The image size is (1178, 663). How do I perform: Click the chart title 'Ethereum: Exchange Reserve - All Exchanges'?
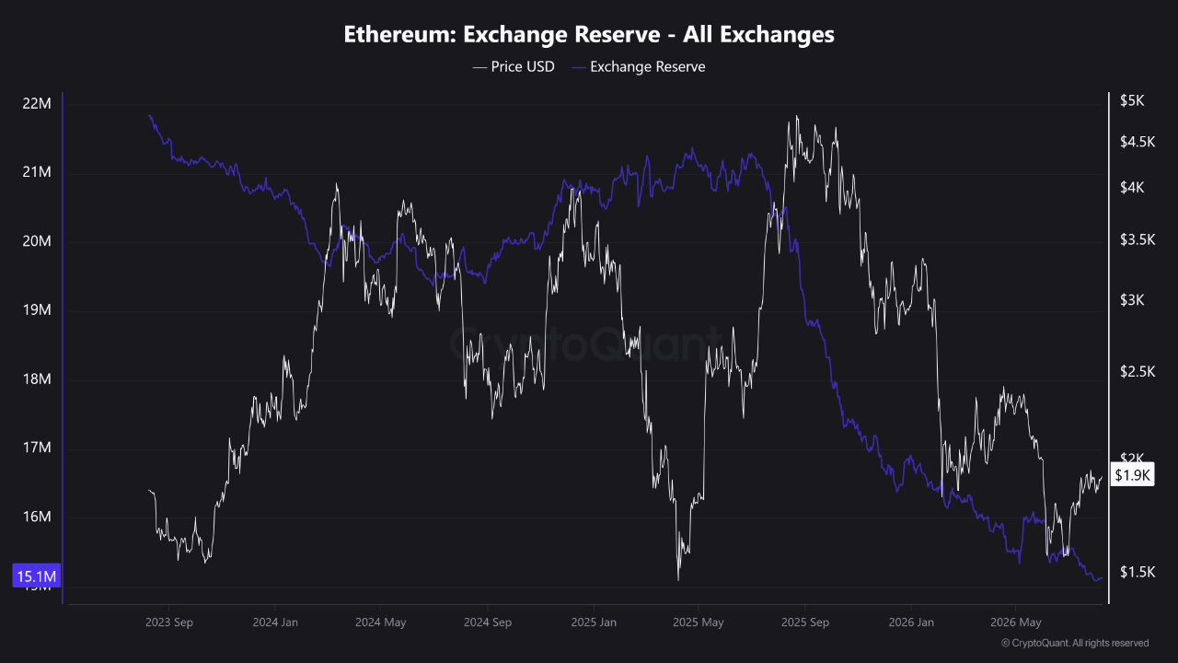click(x=589, y=34)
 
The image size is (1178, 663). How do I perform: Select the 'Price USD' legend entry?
click(x=514, y=67)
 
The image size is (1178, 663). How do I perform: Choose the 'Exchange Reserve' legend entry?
click(x=639, y=67)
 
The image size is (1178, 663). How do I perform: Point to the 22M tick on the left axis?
click(x=37, y=104)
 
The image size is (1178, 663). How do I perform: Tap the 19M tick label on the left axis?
click(x=37, y=310)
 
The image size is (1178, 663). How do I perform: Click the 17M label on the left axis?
click(x=37, y=448)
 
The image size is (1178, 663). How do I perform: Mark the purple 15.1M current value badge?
click(x=36, y=576)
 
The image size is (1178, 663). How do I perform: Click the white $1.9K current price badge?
click(x=1132, y=475)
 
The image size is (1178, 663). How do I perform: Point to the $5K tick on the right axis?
click(x=1132, y=100)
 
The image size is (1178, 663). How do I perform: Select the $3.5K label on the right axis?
click(x=1138, y=240)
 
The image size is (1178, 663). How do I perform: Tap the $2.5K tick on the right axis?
click(x=1138, y=372)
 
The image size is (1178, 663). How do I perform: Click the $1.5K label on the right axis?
click(x=1138, y=572)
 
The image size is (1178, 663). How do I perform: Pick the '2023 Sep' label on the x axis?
click(x=168, y=622)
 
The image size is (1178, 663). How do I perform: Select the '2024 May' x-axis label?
click(x=381, y=622)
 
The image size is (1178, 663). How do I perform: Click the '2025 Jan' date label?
click(x=594, y=622)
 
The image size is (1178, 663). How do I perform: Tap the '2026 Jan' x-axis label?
click(x=911, y=622)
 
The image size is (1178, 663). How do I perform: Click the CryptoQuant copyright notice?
click(x=1075, y=643)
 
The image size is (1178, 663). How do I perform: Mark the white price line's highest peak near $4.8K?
click(x=797, y=116)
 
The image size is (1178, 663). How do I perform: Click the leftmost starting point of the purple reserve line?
click(x=149, y=115)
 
